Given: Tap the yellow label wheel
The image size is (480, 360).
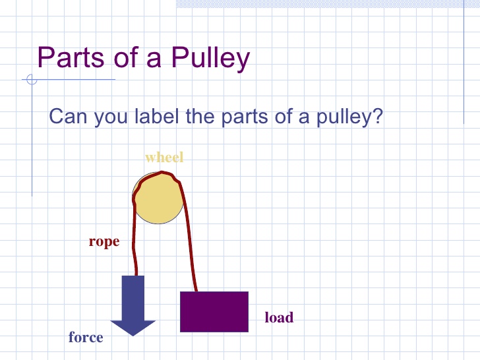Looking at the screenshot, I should click(x=164, y=158).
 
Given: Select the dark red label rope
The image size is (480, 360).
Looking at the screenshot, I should click(x=104, y=242).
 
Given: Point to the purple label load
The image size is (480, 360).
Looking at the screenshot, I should click(x=279, y=318).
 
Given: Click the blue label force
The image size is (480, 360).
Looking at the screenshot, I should click(x=86, y=338).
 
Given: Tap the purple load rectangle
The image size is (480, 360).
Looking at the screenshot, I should click(x=214, y=311).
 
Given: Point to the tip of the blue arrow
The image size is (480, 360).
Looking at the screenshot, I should click(x=133, y=334).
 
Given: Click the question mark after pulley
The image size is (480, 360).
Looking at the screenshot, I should click(x=378, y=117).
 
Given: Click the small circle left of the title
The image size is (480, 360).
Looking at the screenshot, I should click(x=31, y=81).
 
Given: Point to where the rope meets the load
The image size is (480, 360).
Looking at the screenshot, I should click(x=196, y=291).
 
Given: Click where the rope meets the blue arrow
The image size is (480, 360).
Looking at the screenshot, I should click(x=136, y=275).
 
